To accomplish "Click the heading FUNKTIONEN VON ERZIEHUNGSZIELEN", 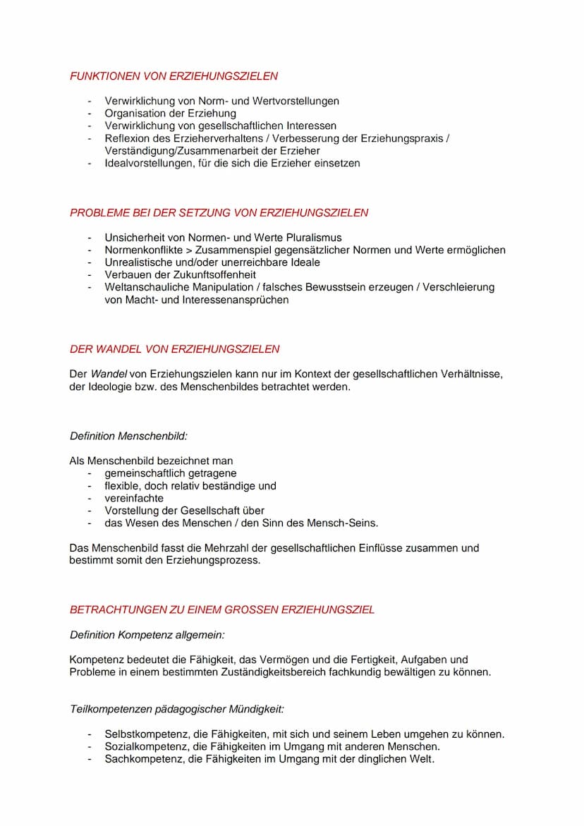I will pos(174,76).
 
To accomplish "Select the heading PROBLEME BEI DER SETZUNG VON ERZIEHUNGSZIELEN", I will pos(219,212).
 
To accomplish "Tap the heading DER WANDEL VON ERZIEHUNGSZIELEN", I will pos(174,349).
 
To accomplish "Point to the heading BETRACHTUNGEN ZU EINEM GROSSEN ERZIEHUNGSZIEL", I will pos(222,609).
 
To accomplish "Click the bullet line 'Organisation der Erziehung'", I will pos(170,114).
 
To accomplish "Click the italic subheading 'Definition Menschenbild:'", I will pos(128,437).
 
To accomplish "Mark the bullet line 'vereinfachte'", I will pos(134,498).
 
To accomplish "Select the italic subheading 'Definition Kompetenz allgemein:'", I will pos(147,636).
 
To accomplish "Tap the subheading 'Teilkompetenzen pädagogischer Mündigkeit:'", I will pos(176,709).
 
